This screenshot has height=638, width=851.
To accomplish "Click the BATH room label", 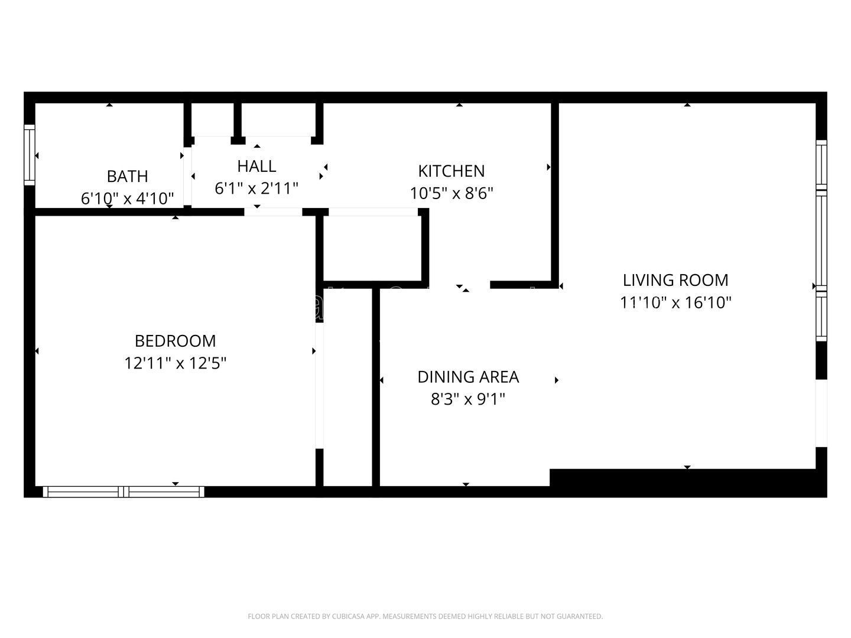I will [127, 176].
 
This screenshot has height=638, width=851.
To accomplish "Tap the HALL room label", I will [256, 166].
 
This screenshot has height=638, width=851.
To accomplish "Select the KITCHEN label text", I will [452, 171].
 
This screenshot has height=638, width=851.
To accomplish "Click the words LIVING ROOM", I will [675, 280].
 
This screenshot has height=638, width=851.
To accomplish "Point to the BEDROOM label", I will [176, 341].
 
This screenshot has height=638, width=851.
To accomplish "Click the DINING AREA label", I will [468, 377].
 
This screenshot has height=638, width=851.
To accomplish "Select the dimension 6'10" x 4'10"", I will [127, 198].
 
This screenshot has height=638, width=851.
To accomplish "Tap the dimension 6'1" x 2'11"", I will [256, 188].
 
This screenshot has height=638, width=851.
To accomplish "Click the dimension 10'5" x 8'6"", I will [452, 193].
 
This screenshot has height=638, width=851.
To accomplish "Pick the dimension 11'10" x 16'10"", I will [675, 302].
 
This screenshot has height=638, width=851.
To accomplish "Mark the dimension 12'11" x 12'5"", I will [176, 363].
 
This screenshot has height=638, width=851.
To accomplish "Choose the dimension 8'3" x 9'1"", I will [468, 399].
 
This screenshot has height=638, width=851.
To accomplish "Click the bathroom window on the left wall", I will [29, 155].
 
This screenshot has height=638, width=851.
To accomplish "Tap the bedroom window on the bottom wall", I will [124, 491].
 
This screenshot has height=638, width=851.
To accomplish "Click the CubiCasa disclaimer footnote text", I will [425, 617].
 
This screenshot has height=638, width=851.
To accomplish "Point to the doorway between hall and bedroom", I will [274, 211].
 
